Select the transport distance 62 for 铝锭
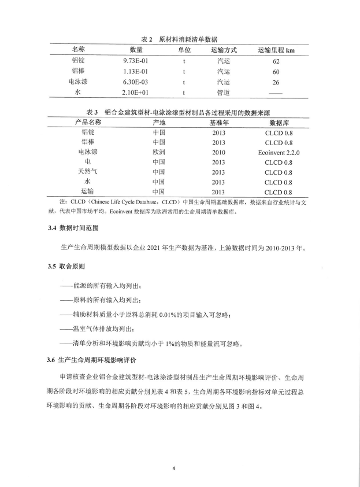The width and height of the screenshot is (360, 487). pos(276,61)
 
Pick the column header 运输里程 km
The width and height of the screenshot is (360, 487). pos(276,50)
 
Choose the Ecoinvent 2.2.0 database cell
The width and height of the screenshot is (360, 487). pos(279,152)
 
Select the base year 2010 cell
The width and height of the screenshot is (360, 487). pos(218,152)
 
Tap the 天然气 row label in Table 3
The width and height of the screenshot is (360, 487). pos(88,172)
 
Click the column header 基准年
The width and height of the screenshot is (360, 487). pos(218,123)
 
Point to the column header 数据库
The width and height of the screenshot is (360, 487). pos(279,123)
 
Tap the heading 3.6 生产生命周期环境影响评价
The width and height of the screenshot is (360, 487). pos(96,360)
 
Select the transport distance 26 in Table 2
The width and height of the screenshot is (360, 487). pos(276,82)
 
